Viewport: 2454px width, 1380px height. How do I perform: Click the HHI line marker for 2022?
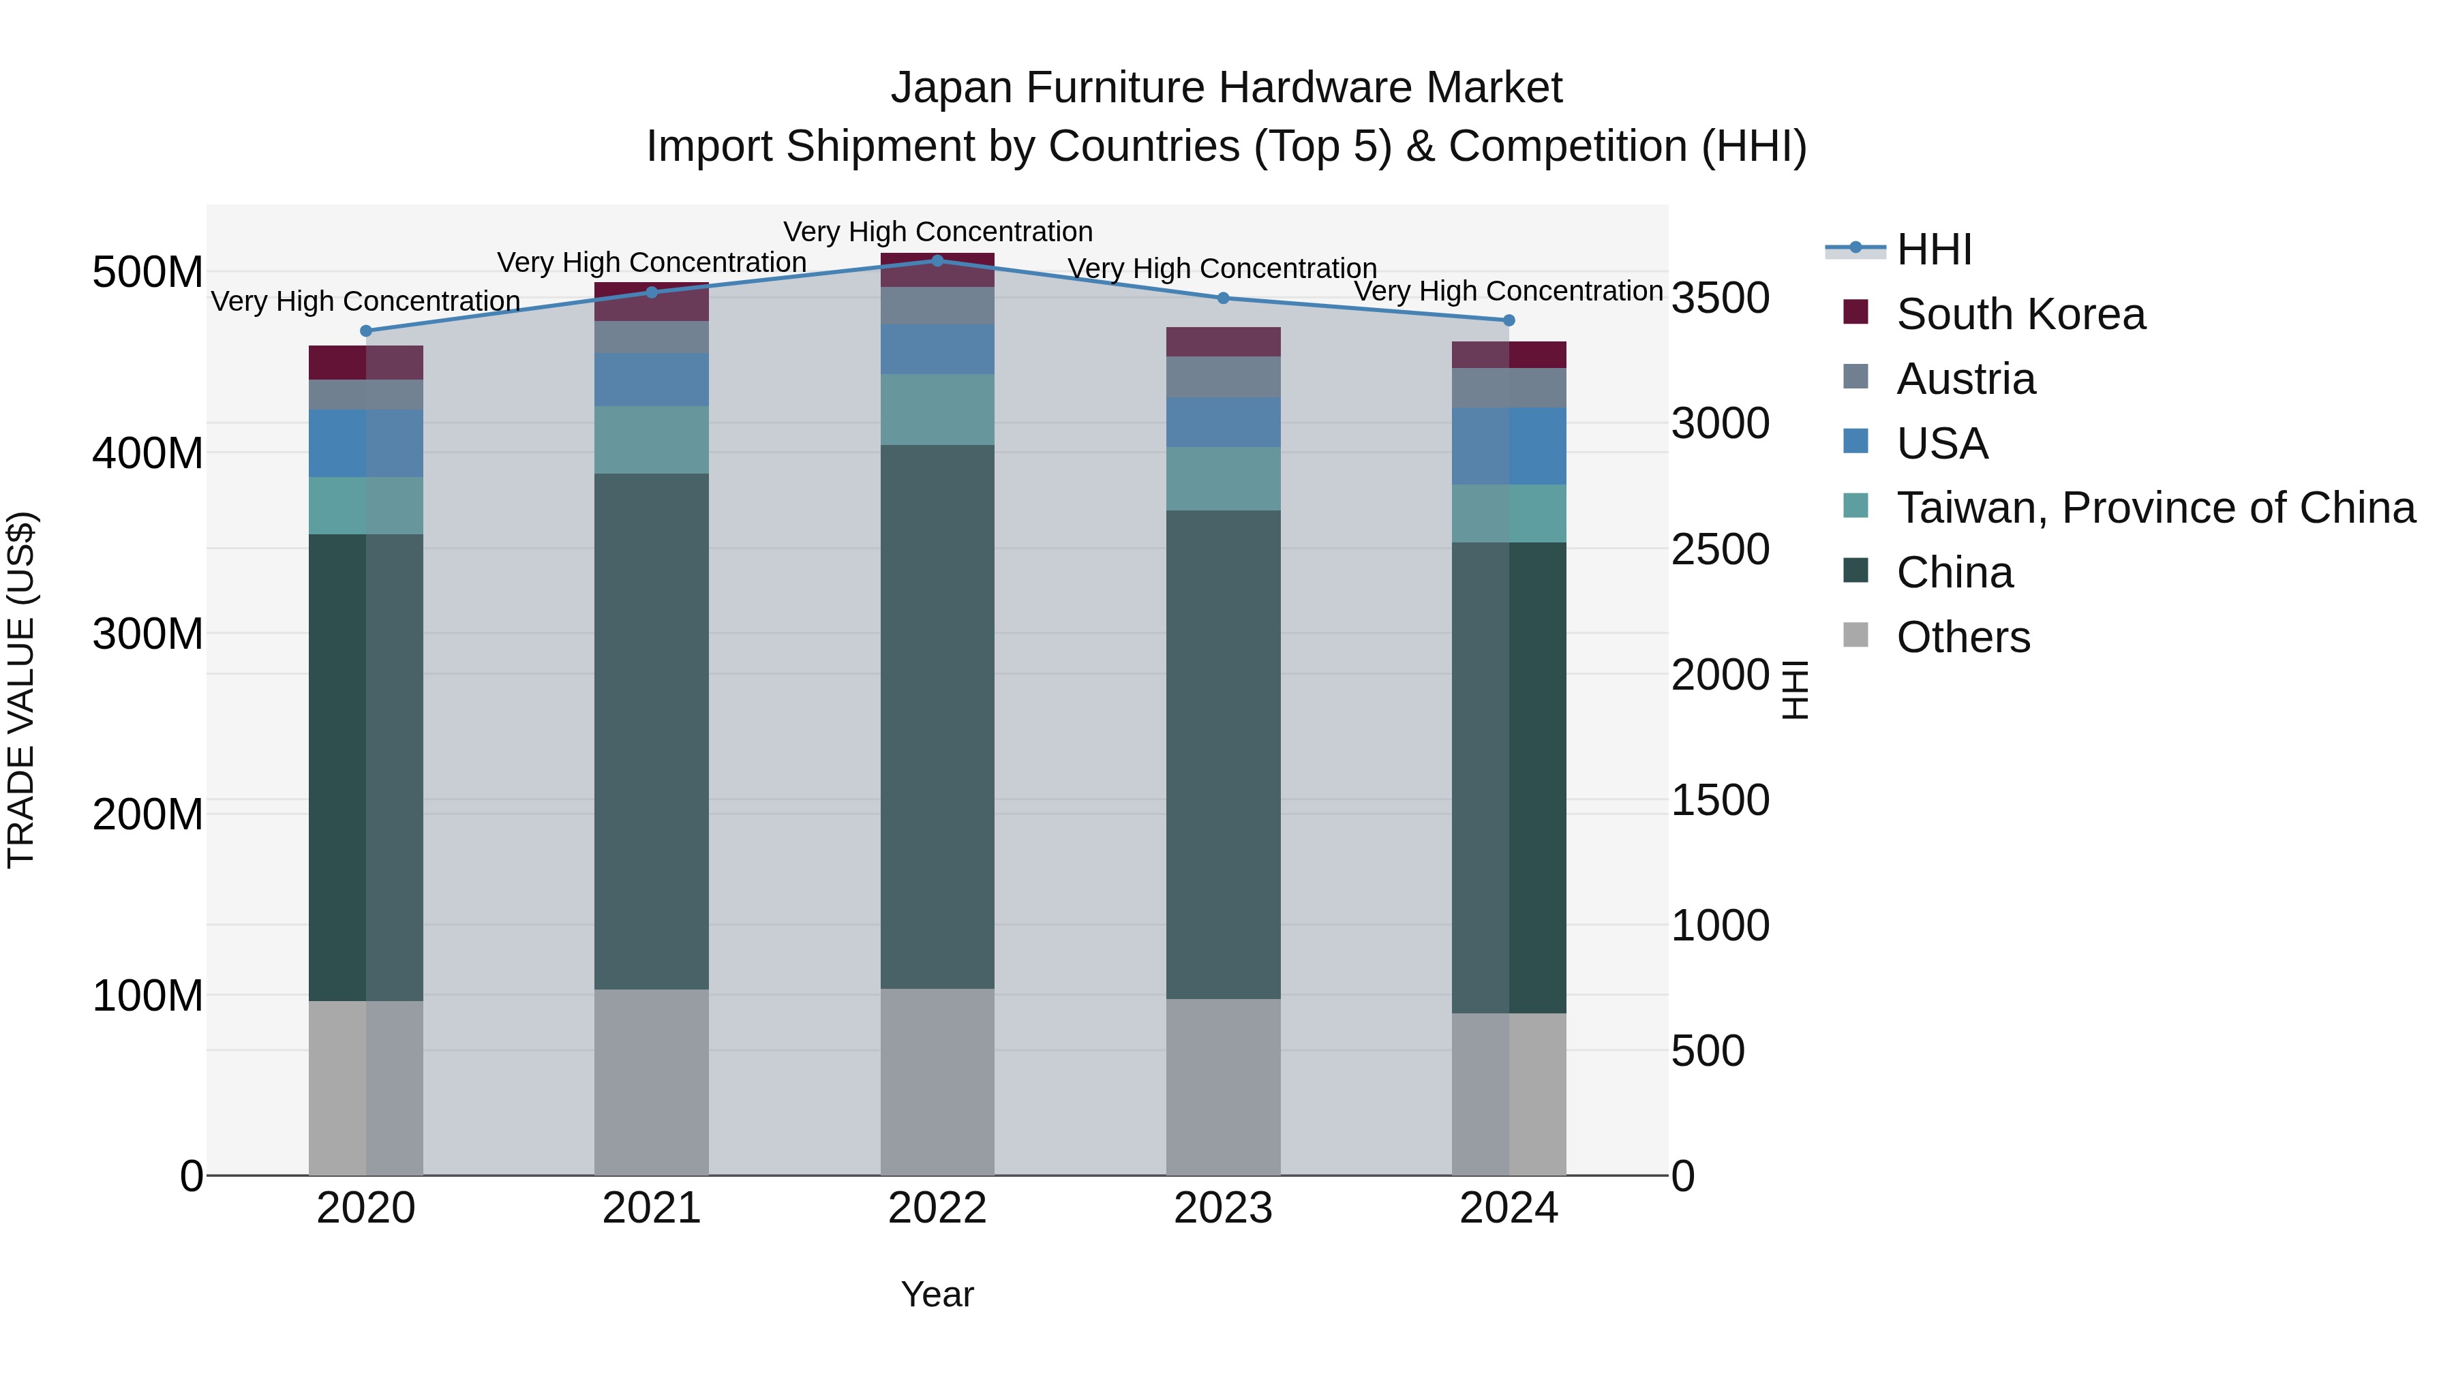tap(937, 260)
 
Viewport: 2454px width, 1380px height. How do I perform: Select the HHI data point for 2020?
tap(366, 331)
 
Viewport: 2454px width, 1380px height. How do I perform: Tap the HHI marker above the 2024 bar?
tap(1509, 320)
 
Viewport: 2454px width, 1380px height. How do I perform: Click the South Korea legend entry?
tap(2020, 314)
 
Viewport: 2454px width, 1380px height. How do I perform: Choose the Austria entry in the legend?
tap(1965, 379)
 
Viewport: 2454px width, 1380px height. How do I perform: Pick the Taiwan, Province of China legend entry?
tap(2155, 508)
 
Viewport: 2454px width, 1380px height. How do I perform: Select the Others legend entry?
tap(1963, 637)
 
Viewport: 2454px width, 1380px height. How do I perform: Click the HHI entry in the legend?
tap(1934, 249)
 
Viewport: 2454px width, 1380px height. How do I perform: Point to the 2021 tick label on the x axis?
tap(652, 1208)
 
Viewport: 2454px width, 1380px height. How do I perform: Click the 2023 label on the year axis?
tap(1223, 1208)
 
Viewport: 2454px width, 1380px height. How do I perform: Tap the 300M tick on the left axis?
tap(148, 633)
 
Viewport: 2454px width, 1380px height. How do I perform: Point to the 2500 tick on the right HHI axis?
tap(1721, 549)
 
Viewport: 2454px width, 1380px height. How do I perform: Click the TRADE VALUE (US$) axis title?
tap(21, 690)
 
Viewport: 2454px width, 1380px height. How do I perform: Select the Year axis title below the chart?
tap(937, 1294)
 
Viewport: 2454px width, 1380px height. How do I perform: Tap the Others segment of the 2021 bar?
tap(652, 1082)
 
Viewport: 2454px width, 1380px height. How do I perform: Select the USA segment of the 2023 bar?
tap(1223, 422)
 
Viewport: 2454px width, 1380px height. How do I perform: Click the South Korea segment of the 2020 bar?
tap(366, 363)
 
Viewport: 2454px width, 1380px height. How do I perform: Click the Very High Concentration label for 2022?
tap(937, 232)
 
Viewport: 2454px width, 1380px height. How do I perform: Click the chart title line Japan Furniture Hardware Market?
tap(1226, 88)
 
